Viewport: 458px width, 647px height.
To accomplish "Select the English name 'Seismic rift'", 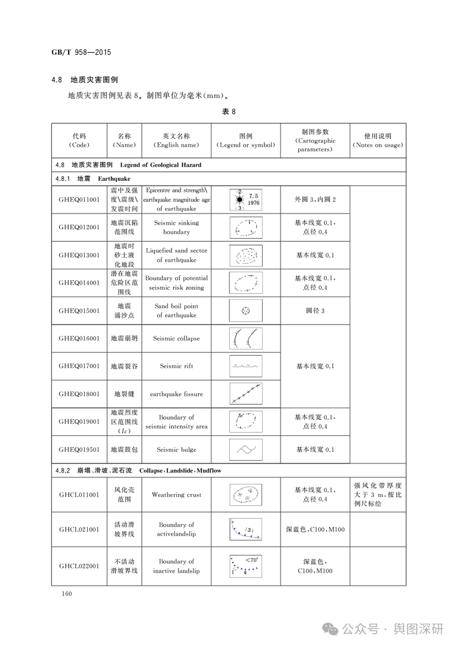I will (x=177, y=366).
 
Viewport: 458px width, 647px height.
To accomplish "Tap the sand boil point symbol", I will (x=246, y=311).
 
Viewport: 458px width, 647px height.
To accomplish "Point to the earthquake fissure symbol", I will (x=246, y=394).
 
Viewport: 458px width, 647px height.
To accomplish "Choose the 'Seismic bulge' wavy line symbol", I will (x=246, y=449).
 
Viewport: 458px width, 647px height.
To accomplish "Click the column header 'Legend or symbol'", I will (x=246, y=140).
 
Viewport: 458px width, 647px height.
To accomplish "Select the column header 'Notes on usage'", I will (x=378, y=140).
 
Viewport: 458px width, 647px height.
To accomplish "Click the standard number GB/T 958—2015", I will (x=81, y=52).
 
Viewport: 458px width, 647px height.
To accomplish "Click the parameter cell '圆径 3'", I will (x=315, y=311).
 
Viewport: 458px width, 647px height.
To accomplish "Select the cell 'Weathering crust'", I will (x=177, y=494).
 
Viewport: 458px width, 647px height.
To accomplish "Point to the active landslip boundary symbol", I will (x=246, y=529).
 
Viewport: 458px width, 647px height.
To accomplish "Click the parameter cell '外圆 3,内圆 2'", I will (x=315, y=199).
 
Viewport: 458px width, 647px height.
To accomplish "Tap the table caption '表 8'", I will (x=228, y=112).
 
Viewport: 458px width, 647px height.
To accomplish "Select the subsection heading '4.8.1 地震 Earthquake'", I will (x=93, y=179).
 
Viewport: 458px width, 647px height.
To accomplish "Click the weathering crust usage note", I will (x=378, y=494).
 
